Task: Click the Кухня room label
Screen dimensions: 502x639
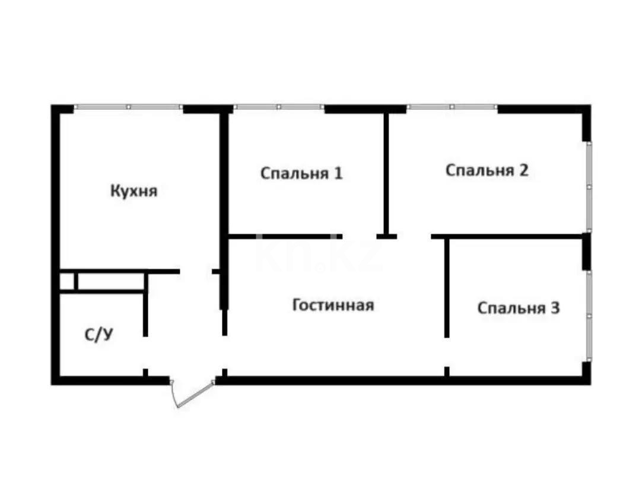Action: pos(133,191)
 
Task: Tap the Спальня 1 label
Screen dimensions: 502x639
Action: pos(301,173)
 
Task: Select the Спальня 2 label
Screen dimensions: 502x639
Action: pos(487,170)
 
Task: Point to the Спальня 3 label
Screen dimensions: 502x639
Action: pos(519,308)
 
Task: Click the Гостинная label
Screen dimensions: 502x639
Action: pos(333,305)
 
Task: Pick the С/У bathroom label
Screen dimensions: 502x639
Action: pos(98,335)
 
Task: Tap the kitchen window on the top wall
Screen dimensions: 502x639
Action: pos(128,107)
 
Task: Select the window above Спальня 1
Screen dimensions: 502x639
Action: pos(278,107)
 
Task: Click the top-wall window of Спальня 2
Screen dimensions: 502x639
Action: pos(452,107)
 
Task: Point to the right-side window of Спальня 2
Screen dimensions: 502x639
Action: pos(588,186)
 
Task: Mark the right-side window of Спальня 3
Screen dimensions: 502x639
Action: pos(588,314)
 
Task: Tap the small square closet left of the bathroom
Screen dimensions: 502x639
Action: pos(67,281)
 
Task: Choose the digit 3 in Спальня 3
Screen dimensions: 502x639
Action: pos(555,308)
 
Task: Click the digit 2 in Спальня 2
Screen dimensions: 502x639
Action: pos(523,170)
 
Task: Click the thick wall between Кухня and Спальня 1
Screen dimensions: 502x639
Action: pos(224,178)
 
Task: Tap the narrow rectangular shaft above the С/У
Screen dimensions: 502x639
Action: pos(110,281)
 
